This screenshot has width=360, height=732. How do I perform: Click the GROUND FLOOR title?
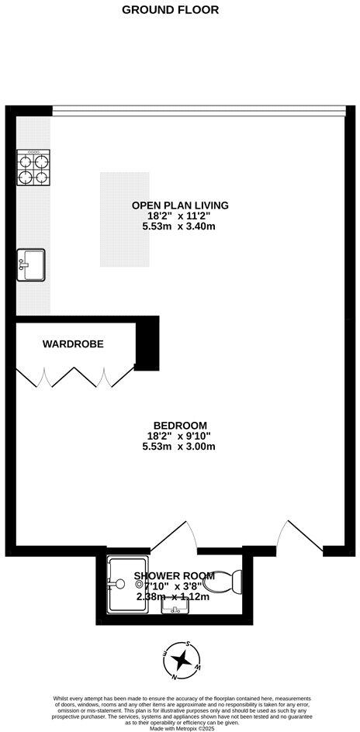coord(171,10)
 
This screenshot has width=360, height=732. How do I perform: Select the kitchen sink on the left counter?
coord(31,264)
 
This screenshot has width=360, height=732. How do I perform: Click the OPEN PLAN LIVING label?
coord(180,205)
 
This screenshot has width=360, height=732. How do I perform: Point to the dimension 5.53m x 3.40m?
coord(180,227)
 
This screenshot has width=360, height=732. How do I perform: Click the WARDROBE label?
coord(73,344)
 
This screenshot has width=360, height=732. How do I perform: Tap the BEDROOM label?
coord(180,425)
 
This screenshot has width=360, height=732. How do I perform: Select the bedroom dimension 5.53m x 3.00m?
coord(180,447)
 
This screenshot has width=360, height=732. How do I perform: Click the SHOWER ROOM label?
coord(174,575)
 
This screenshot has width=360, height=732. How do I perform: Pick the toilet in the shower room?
coord(228,581)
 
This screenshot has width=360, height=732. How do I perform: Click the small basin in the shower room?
coord(175,606)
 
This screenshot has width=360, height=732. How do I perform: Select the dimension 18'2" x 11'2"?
coord(180,216)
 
